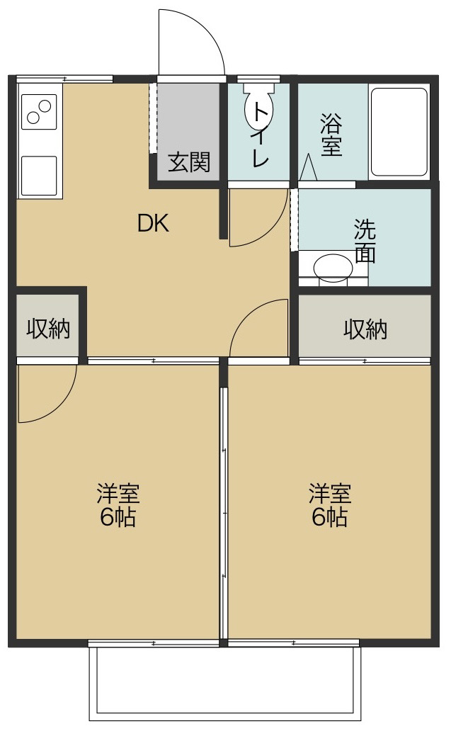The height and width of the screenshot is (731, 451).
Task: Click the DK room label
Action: [x=153, y=224]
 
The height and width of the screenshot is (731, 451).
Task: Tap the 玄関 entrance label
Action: [x=189, y=162]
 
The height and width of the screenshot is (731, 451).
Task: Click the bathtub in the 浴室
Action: [x=399, y=132]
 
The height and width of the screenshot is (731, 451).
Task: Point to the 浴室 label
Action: [x=331, y=135]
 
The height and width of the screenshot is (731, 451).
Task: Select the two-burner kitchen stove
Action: [x=39, y=112]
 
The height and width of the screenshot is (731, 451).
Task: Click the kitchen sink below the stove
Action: [x=39, y=175]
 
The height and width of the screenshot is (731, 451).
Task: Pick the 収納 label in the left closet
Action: [x=48, y=329]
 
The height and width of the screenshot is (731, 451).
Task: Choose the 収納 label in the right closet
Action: [x=365, y=329]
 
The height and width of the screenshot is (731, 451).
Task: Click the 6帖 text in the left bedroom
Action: [x=118, y=517]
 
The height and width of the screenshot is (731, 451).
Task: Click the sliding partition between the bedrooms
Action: [x=224, y=513]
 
